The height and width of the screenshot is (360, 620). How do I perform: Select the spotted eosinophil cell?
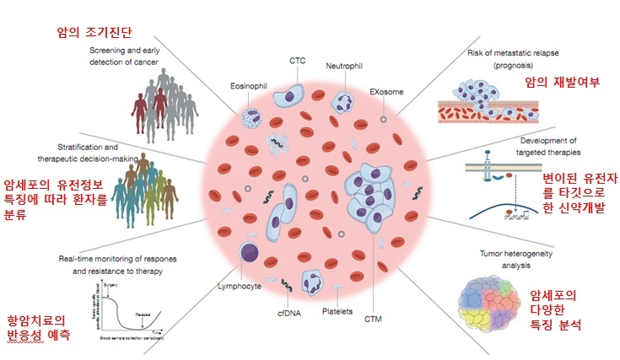251,119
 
